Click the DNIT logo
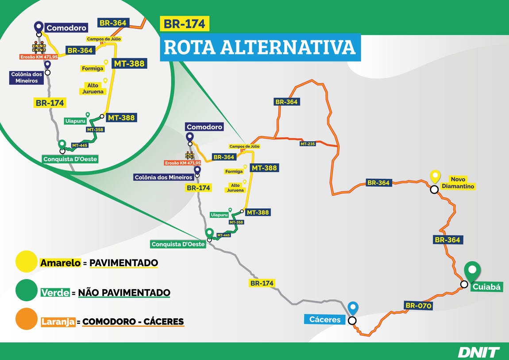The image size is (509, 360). (x=478, y=352)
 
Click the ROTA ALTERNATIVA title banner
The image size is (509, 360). (x=260, y=47)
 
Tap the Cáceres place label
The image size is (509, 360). (x=325, y=319)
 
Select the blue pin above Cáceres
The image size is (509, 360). (x=352, y=307)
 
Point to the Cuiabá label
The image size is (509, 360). (x=487, y=287)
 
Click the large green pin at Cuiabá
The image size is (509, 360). (x=473, y=271)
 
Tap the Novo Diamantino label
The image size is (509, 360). (x=462, y=183)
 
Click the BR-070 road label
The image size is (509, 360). (x=418, y=306)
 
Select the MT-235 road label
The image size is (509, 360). (x=308, y=144)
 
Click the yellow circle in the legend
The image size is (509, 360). (x=26, y=262)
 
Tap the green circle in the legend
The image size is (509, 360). (x=26, y=290)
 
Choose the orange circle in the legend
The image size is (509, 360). (x=26, y=319)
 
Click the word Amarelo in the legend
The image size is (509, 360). (x=61, y=263)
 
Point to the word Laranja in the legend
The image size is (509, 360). (x=58, y=321)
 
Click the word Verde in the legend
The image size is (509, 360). (x=55, y=293)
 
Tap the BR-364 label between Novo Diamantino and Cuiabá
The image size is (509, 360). (x=447, y=240)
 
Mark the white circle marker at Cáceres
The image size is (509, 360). (x=352, y=321)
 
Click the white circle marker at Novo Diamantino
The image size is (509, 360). (x=434, y=189)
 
